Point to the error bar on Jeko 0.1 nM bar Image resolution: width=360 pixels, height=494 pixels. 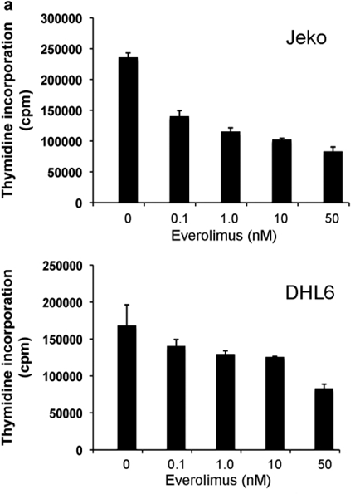(x=178, y=113)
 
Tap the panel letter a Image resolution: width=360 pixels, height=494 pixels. (x=6, y=7)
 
